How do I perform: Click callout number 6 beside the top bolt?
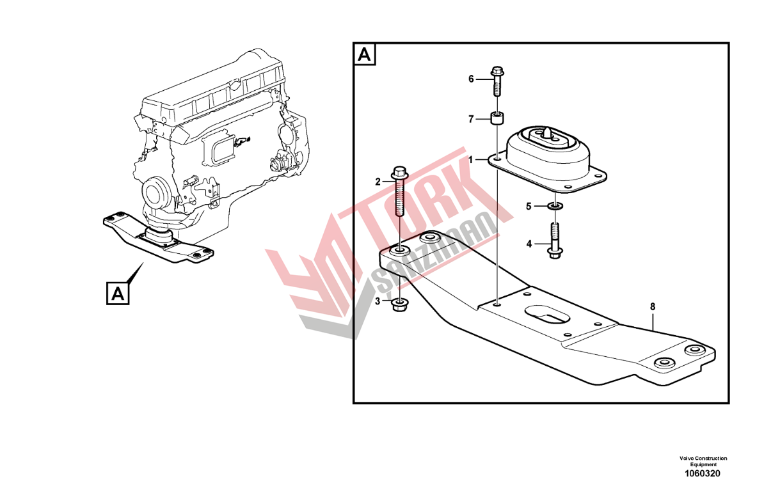pyautogui.click(x=471, y=79)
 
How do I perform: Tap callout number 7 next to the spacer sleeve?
pyautogui.click(x=471, y=120)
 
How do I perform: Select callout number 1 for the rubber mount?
pyautogui.click(x=471, y=160)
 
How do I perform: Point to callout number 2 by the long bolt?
pyautogui.click(x=378, y=182)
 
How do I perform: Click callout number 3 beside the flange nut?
pyautogui.click(x=378, y=301)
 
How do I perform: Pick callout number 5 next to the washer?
pyautogui.click(x=529, y=207)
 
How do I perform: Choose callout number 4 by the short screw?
pyautogui.click(x=529, y=244)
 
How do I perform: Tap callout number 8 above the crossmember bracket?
pyautogui.click(x=653, y=306)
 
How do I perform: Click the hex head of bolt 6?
pyautogui.click(x=497, y=71)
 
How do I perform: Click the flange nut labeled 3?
pyautogui.click(x=399, y=305)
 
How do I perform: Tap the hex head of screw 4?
pyautogui.click(x=555, y=253)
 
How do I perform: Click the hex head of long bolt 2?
pyautogui.click(x=399, y=173)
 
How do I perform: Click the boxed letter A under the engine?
pyautogui.click(x=118, y=294)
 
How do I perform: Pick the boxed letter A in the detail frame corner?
pyautogui.click(x=364, y=54)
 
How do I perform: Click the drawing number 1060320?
pyautogui.click(x=703, y=473)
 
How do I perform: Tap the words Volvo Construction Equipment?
pyautogui.click(x=703, y=461)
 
